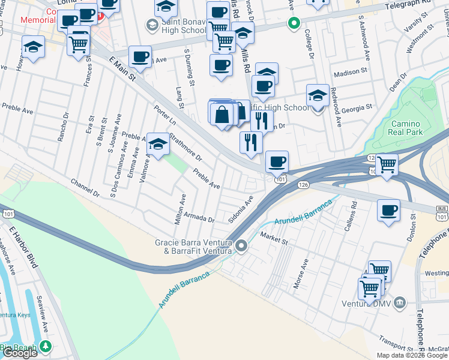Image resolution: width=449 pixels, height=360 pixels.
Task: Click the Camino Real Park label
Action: [406, 127]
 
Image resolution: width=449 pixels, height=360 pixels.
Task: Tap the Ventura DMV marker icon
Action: [402, 301]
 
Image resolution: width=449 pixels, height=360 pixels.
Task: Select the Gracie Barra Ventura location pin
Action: [241, 245]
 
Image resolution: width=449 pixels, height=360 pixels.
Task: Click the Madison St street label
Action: [349, 71]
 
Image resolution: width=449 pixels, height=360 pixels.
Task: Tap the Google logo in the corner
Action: [20, 353]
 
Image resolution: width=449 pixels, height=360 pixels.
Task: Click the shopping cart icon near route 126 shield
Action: [387, 163]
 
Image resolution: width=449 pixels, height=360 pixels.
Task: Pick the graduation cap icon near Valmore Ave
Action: [158, 144]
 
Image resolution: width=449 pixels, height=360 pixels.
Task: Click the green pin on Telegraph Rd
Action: [294, 24]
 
